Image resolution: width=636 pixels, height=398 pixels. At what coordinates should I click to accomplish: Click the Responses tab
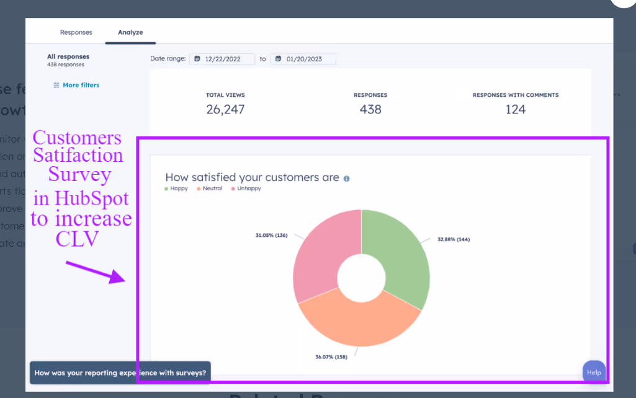76,32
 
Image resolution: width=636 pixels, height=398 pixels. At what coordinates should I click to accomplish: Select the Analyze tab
130,32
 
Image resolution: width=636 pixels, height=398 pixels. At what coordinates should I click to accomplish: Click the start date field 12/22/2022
223,59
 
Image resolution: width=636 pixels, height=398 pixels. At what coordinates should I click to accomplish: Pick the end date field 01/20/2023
304,59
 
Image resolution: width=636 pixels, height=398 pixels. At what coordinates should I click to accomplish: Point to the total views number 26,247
225,110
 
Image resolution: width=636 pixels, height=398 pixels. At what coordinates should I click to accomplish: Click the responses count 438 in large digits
370,110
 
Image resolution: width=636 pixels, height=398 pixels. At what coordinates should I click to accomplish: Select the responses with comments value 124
515,110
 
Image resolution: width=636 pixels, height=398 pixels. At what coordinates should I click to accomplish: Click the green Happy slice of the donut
400,254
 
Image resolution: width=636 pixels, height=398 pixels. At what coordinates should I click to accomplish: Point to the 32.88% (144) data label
453,239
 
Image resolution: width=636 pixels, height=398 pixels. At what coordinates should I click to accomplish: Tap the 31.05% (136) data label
271,236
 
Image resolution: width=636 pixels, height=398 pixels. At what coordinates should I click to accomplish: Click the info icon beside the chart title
346,179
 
